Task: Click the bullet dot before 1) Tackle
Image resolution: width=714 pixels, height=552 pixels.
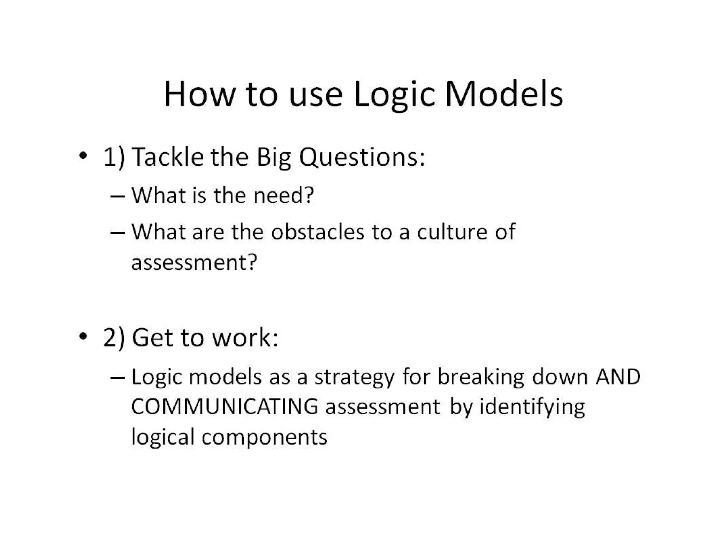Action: click(x=83, y=156)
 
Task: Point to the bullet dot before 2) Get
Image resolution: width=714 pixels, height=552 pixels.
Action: click(x=83, y=336)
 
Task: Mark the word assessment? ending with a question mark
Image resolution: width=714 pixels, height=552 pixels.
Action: click(x=194, y=262)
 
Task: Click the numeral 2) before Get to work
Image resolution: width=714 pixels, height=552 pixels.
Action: click(x=114, y=338)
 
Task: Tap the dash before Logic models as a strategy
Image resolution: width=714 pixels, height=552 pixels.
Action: click(x=117, y=378)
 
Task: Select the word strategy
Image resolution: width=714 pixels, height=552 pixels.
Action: click(x=355, y=378)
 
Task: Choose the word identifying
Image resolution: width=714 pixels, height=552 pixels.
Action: click(x=532, y=407)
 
